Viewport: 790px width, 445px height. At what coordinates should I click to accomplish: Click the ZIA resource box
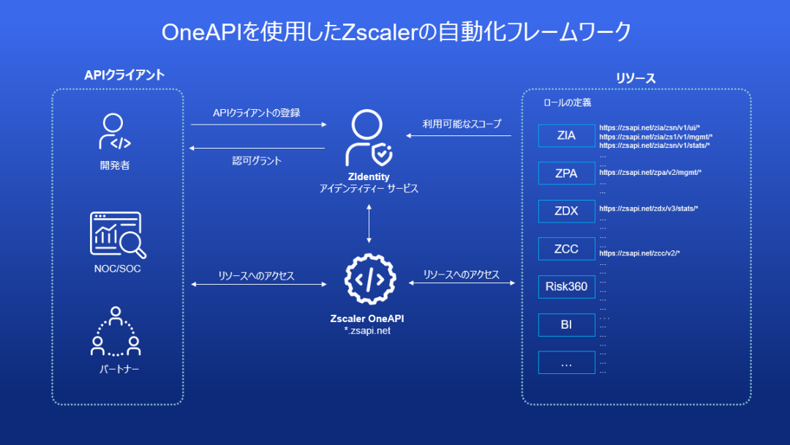click(x=566, y=135)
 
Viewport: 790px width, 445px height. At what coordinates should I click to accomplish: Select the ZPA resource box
click(x=566, y=173)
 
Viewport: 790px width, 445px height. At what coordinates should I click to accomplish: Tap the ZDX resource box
click(x=566, y=212)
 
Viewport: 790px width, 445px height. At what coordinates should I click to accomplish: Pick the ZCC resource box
click(x=566, y=249)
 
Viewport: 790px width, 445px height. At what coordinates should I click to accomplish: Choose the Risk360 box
click(x=566, y=287)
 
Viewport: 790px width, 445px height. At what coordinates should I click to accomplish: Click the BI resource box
click(x=566, y=325)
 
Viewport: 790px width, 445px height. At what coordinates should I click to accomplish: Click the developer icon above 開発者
click(x=115, y=132)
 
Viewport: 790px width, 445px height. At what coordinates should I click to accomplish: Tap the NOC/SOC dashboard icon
click(x=117, y=234)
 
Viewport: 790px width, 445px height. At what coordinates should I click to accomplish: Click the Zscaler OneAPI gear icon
click(x=369, y=280)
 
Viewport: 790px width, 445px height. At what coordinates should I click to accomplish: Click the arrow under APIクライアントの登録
click(x=258, y=125)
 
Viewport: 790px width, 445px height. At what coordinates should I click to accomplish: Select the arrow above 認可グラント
click(x=257, y=149)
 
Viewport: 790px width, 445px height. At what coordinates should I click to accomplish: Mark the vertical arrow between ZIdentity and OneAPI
click(x=369, y=223)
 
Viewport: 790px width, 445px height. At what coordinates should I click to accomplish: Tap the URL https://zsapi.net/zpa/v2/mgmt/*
click(x=650, y=173)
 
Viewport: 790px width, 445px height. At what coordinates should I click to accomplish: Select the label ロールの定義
click(x=567, y=103)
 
